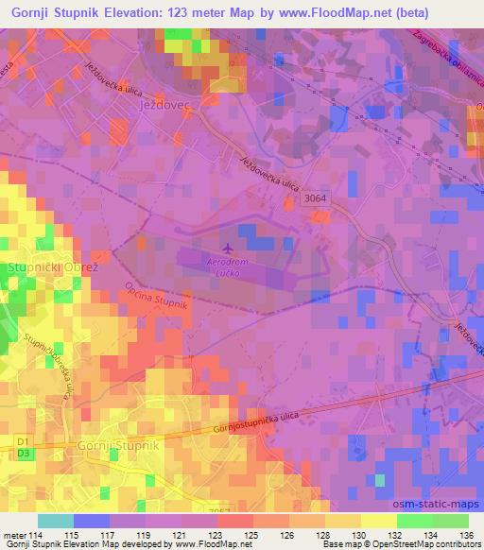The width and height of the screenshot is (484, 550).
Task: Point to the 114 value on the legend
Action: click(40, 536)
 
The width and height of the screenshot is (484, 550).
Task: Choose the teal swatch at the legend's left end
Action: click(56, 521)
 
